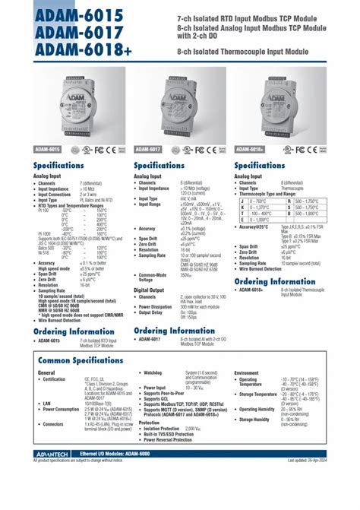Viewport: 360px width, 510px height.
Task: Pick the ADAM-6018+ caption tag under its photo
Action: click(251, 150)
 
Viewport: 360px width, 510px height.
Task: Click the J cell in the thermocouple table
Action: click(242, 200)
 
